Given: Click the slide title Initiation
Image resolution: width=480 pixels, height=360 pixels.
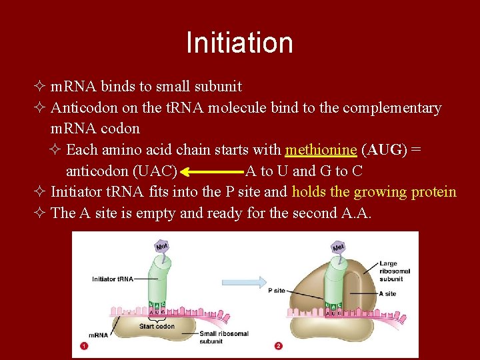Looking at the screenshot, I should [239, 43].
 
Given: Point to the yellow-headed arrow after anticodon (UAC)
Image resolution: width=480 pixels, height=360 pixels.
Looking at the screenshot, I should [211, 171].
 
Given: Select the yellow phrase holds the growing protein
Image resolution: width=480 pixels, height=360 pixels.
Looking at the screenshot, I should [374, 192].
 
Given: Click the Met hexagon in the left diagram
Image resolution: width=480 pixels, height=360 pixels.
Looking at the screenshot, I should [161, 246].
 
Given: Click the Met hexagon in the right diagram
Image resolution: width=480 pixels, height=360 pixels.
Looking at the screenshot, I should [339, 248].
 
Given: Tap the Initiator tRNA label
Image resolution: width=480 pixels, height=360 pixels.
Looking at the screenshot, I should [113, 279].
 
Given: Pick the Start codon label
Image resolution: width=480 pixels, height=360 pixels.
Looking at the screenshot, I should [157, 326].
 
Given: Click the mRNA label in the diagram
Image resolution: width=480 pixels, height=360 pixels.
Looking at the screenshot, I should [98, 335].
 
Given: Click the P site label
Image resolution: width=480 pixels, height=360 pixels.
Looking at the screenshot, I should [277, 291].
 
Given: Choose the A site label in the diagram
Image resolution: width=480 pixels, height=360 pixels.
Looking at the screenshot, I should [387, 293].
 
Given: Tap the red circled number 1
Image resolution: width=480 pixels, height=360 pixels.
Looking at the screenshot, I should [84, 346].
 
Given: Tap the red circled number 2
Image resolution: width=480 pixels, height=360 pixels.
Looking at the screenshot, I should [278, 346].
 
